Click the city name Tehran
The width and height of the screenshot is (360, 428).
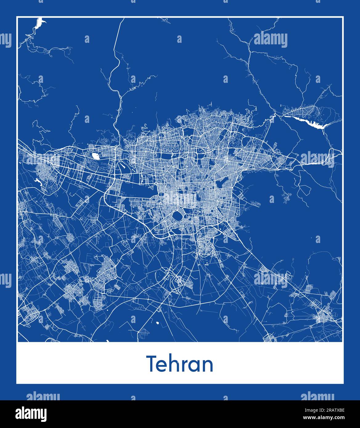point(180,364)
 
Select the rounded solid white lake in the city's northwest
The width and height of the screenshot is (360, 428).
point(95,156)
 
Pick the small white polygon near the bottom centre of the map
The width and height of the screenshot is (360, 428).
point(158,323)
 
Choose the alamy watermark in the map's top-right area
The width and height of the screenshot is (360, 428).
point(270,40)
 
